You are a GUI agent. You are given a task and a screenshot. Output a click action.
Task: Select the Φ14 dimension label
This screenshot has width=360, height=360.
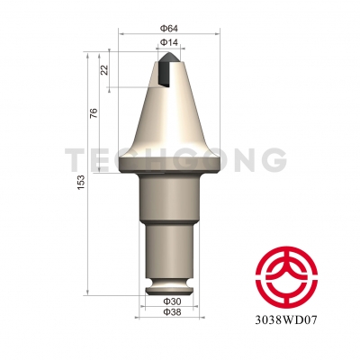pos(168,42)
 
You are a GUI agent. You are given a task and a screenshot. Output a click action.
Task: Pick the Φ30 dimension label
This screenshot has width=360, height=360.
pos(169,301)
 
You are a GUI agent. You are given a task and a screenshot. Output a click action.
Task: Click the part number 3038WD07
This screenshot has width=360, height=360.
pos(288,318)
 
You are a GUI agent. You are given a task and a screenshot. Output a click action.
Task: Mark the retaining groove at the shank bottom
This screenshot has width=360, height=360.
pos(168,287)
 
